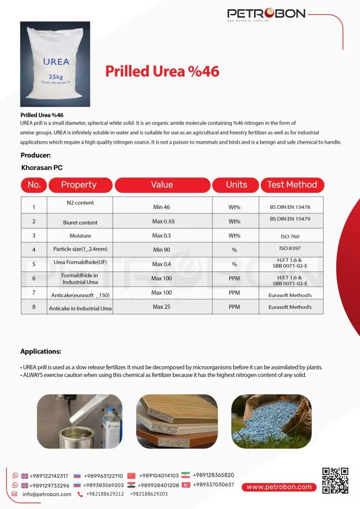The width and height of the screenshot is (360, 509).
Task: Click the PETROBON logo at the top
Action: [266, 14]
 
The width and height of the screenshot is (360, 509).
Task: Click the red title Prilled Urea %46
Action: [162, 71]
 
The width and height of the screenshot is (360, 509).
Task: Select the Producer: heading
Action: [36, 155]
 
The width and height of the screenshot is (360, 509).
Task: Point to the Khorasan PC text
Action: [42, 168]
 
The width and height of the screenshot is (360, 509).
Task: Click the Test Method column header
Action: [292, 185]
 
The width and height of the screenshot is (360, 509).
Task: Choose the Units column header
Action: [236, 185]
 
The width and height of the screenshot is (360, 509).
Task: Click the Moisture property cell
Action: [80, 236]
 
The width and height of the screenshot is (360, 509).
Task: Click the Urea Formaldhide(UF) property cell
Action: [80, 262]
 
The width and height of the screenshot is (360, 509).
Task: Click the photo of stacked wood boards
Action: [177, 421]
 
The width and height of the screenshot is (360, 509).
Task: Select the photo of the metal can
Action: [80, 421]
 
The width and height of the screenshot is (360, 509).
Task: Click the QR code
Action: [335, 481]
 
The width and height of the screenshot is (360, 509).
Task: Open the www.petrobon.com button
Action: [279, 487]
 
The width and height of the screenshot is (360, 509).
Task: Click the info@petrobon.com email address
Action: [47, 494]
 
